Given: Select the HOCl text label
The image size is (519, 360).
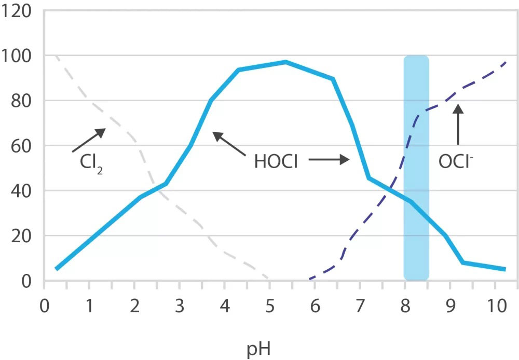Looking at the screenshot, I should [276, 161].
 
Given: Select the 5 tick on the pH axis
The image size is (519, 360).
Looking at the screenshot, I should [269, 304].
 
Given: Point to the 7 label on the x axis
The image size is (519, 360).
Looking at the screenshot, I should [360, 304].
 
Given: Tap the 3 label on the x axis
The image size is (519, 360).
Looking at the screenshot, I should [180, 304].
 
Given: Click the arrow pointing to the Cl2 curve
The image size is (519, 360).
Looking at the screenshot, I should [89, 140].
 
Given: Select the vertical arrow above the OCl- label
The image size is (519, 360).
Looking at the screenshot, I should [458, 124].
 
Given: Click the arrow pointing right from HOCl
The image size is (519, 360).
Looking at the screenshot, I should [329, 161].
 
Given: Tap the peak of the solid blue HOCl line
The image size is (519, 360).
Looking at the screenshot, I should [285, 62].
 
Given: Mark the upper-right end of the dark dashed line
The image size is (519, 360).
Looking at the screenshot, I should [506, 62].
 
